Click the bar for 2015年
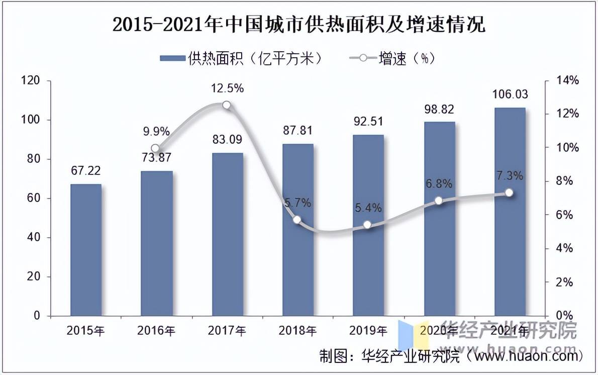click(85, 250)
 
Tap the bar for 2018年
click(297, 230)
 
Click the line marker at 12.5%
click(227, 105)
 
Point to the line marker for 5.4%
click(368, 225)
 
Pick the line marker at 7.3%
click(509, 193)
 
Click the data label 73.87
click(156, 158)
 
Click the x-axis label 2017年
click(227, 331)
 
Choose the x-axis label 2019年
click(368, 331)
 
